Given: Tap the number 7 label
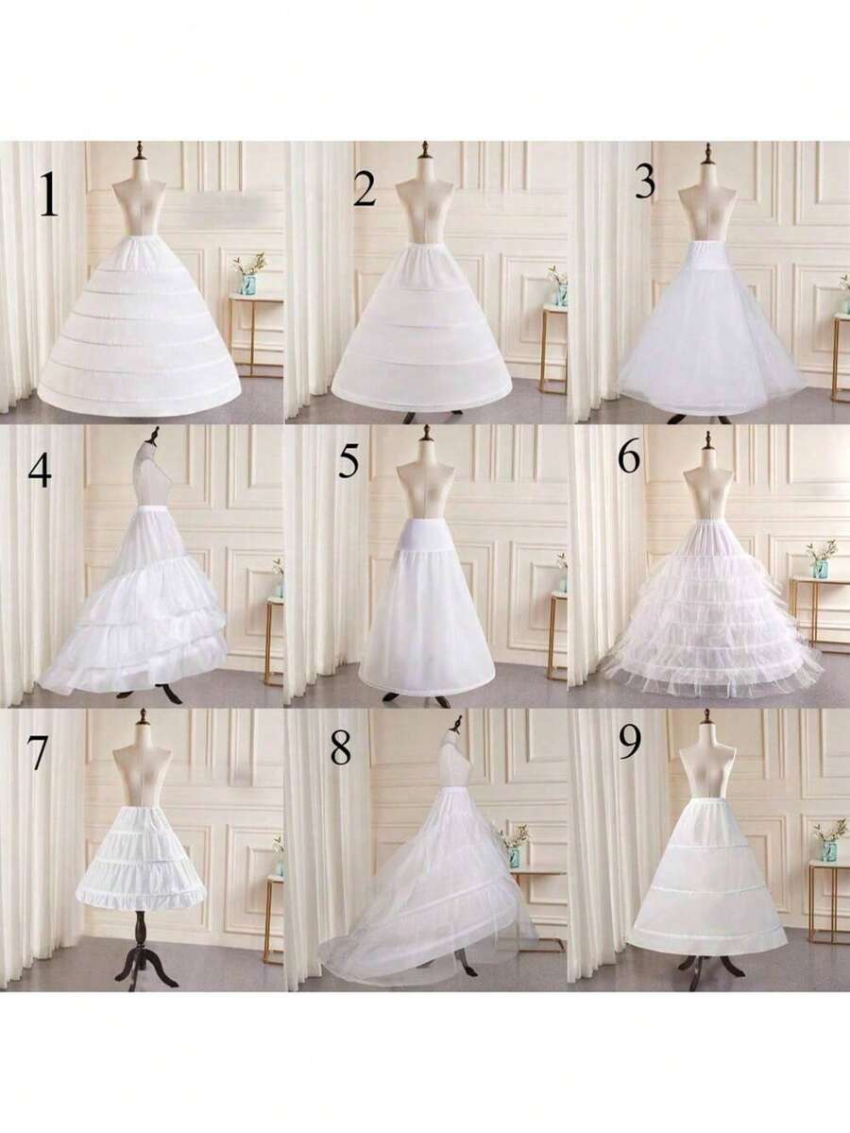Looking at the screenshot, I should tap(38, 752).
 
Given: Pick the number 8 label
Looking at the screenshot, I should tap(340, 748).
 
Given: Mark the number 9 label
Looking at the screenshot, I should tap(628, 743).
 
